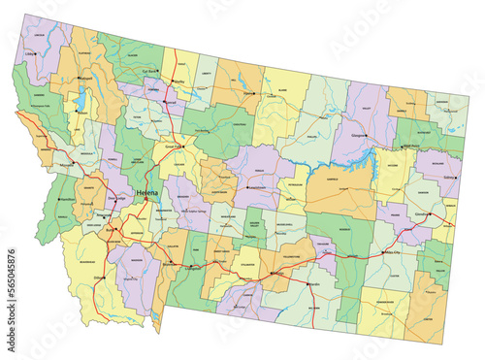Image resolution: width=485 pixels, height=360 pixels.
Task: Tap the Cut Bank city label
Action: coord(149,71)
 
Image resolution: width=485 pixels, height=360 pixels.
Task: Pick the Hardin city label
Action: coord(312,283)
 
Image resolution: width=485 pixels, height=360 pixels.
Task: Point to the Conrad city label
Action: coord(171,101)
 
